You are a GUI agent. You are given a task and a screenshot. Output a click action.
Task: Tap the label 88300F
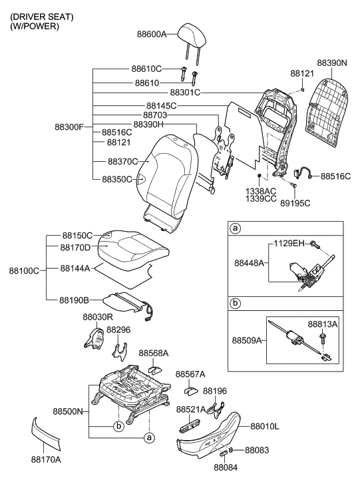click(x=70, y=126)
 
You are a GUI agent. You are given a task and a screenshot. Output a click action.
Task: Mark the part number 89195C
click(x=295, y=203)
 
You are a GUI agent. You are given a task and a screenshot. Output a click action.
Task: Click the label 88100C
click(x=24, y=270)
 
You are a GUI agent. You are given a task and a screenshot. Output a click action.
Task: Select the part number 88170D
click(x=75, y=248)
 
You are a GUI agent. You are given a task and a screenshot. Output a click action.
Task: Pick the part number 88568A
click(x=153, y=353)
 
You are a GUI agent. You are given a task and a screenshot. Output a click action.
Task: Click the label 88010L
click(x=265, y=425)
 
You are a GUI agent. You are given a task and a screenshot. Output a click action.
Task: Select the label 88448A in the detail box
click(x=250, y=264)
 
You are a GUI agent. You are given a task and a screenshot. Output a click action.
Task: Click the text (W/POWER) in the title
click(x=35, y=26)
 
